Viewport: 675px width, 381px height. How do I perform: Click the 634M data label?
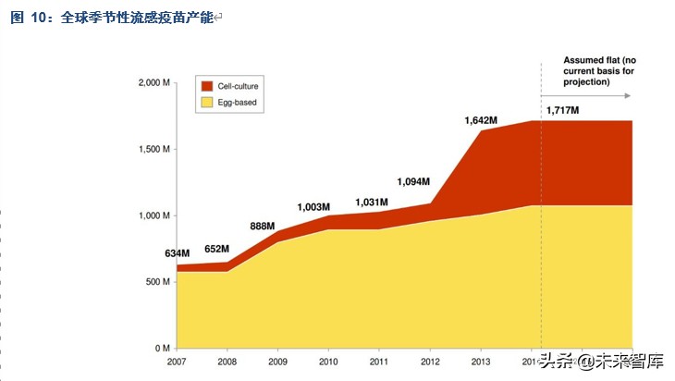178,253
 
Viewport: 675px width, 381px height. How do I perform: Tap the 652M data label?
216,249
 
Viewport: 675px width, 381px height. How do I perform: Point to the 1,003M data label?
313,207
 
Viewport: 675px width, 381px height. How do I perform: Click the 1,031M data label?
373,203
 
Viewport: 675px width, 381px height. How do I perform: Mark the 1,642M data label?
481,120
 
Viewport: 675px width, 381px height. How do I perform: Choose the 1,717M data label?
562,110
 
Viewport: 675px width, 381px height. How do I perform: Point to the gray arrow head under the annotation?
628,96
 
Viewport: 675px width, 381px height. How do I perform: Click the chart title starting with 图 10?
111,18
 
